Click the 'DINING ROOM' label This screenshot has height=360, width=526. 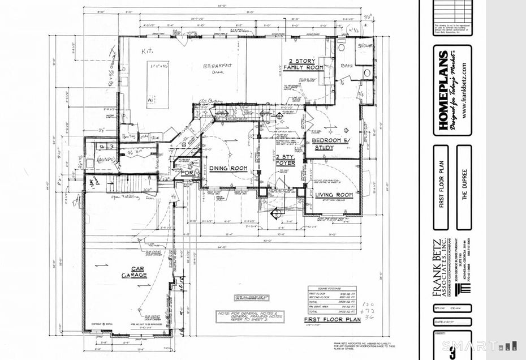click(228, 168)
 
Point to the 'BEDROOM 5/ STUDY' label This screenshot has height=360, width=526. click(331, 144)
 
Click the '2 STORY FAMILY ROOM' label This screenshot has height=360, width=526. click(306, 64)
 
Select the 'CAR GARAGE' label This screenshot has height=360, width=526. click(133, 272)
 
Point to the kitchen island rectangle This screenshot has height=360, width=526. click(157, 85)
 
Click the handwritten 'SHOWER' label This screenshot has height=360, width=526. click(364, 45)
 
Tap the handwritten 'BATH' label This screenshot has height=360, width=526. click(346, 66)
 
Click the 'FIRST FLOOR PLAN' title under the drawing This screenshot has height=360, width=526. click(332, 319)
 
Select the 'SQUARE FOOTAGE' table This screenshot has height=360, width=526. click(331, 299)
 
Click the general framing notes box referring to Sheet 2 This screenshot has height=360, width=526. click(249, 316)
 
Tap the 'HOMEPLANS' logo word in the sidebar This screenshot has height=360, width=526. click(445, 91)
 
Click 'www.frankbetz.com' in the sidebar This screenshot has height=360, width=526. click(464, 90)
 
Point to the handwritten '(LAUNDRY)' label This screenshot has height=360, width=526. click(106, 160)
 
